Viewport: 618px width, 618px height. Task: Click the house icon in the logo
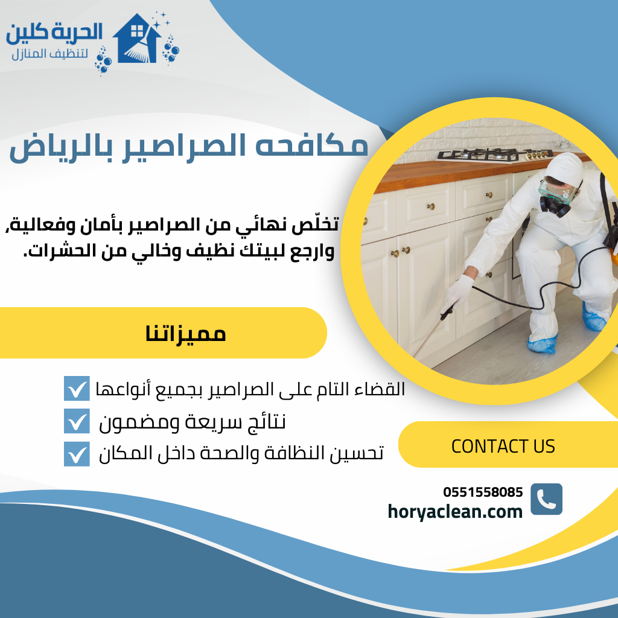(x=138, y=39)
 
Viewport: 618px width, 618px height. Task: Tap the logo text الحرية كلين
(x=54, y=33)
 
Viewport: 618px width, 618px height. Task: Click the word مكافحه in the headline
(x=318, y=146)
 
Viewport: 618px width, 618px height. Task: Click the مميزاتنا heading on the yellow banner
(x=185, y=333)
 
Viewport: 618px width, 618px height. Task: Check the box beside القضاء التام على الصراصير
(x=77, y=388)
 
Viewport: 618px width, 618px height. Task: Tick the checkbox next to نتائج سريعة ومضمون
(x=77, y=421)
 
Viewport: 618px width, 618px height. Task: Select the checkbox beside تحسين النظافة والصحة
(x=77, y=454)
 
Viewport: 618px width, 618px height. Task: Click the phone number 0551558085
(x=483, y=492)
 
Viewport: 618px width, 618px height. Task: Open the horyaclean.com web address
(x=455, y=512)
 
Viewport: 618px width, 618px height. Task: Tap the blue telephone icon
(x=546, y=499)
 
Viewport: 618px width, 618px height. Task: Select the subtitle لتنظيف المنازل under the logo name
(x=51, y=54)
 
